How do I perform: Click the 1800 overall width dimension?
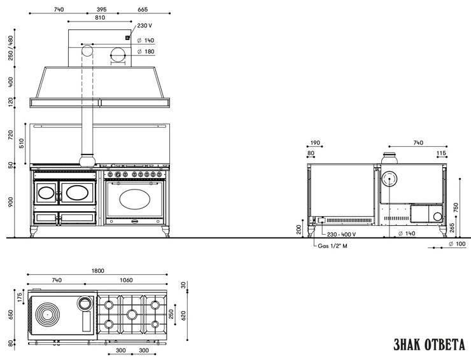point(97,271)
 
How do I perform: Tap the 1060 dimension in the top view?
point(126,280)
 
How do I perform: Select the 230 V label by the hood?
point(144,25)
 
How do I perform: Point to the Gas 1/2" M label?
point(332,246)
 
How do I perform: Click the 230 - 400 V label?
point(342,234)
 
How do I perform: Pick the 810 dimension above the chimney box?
point(100,18)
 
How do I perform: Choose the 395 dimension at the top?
point(102,10)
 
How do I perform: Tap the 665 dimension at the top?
point(143,10)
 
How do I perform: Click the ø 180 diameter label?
point(146,52)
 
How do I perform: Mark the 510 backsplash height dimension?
point(22,143)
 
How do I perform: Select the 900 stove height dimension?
point(11,202)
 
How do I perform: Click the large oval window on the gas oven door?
point(134,199)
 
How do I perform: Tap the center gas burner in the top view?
point(132,315)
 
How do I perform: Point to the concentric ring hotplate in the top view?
point(47,314)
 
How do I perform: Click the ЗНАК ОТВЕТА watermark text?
point(429,344)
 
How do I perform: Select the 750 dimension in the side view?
point(456,207)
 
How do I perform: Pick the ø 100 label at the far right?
point(457,244)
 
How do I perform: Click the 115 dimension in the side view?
point(441,153)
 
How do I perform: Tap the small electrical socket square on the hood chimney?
point(127,38)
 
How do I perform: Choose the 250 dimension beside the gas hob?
point(171,314)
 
